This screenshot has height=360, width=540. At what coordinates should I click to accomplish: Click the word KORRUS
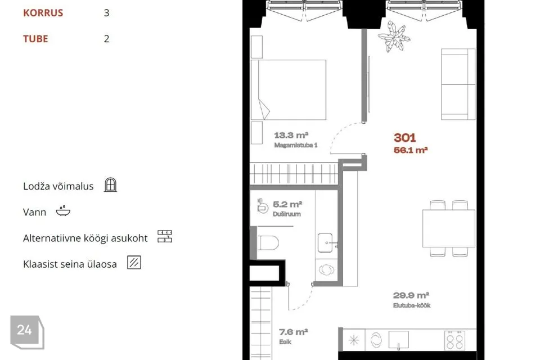[43, 13]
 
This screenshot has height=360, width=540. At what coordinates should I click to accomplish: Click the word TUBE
[35, 39]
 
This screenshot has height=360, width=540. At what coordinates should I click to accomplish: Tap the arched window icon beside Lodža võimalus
[111, 184]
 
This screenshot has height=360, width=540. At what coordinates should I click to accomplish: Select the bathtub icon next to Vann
[63, 210]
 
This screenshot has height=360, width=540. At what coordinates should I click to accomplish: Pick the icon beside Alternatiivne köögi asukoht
[165, 236]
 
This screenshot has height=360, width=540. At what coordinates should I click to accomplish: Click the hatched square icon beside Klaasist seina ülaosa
[134, 263]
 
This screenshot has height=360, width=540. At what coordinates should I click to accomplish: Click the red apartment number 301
[404, 138]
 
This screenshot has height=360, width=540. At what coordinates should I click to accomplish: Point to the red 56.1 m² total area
[411, 150]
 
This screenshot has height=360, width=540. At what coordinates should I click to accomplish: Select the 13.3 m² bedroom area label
[291, 135]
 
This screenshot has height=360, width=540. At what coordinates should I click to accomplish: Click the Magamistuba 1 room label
[295, 145]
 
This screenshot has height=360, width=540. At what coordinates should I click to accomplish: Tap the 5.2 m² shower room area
[287, 204]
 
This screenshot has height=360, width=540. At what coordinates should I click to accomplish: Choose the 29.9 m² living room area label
[411, 295]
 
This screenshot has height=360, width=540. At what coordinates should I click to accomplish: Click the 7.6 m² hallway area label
[294, 332]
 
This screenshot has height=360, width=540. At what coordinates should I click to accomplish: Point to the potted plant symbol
[394, 36]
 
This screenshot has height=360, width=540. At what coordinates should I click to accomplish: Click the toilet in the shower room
[268, 242]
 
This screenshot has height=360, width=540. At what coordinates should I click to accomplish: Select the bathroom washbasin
[325, 242]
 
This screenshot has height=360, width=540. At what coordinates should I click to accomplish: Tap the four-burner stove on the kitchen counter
[455, 340]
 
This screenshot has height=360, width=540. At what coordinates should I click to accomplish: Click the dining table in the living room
[449, 228]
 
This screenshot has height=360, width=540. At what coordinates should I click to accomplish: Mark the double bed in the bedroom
[289, 90]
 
